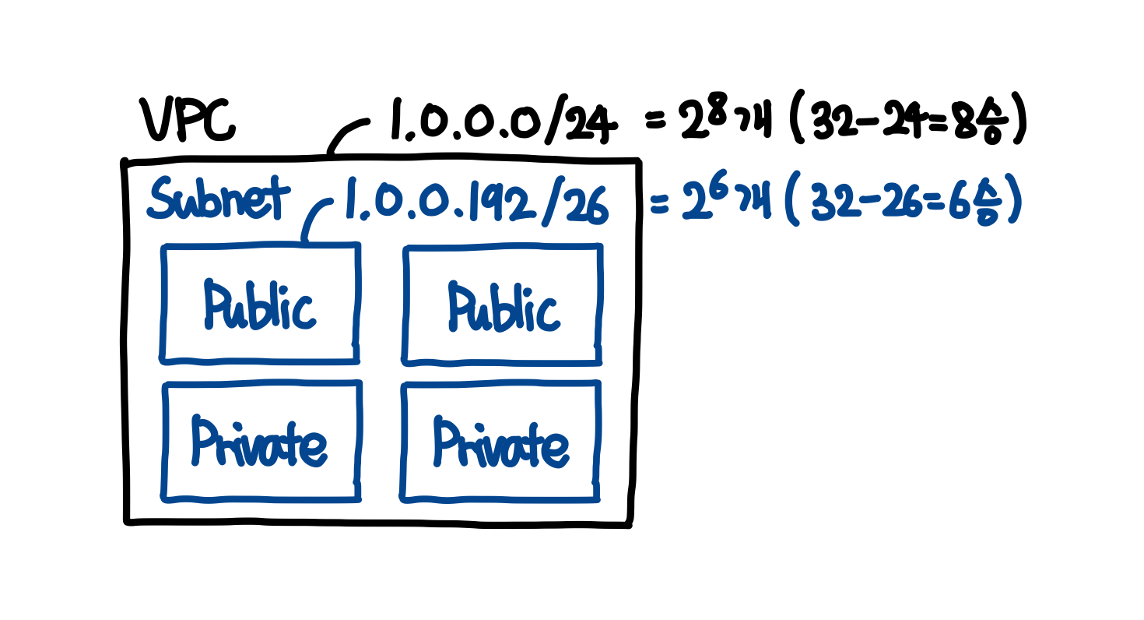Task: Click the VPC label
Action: (187, 122)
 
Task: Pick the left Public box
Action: (260, 303)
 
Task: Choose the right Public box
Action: (502, 305)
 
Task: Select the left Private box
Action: (260, 441)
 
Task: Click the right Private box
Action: (501, 442)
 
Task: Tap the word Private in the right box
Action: (501, 445)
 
